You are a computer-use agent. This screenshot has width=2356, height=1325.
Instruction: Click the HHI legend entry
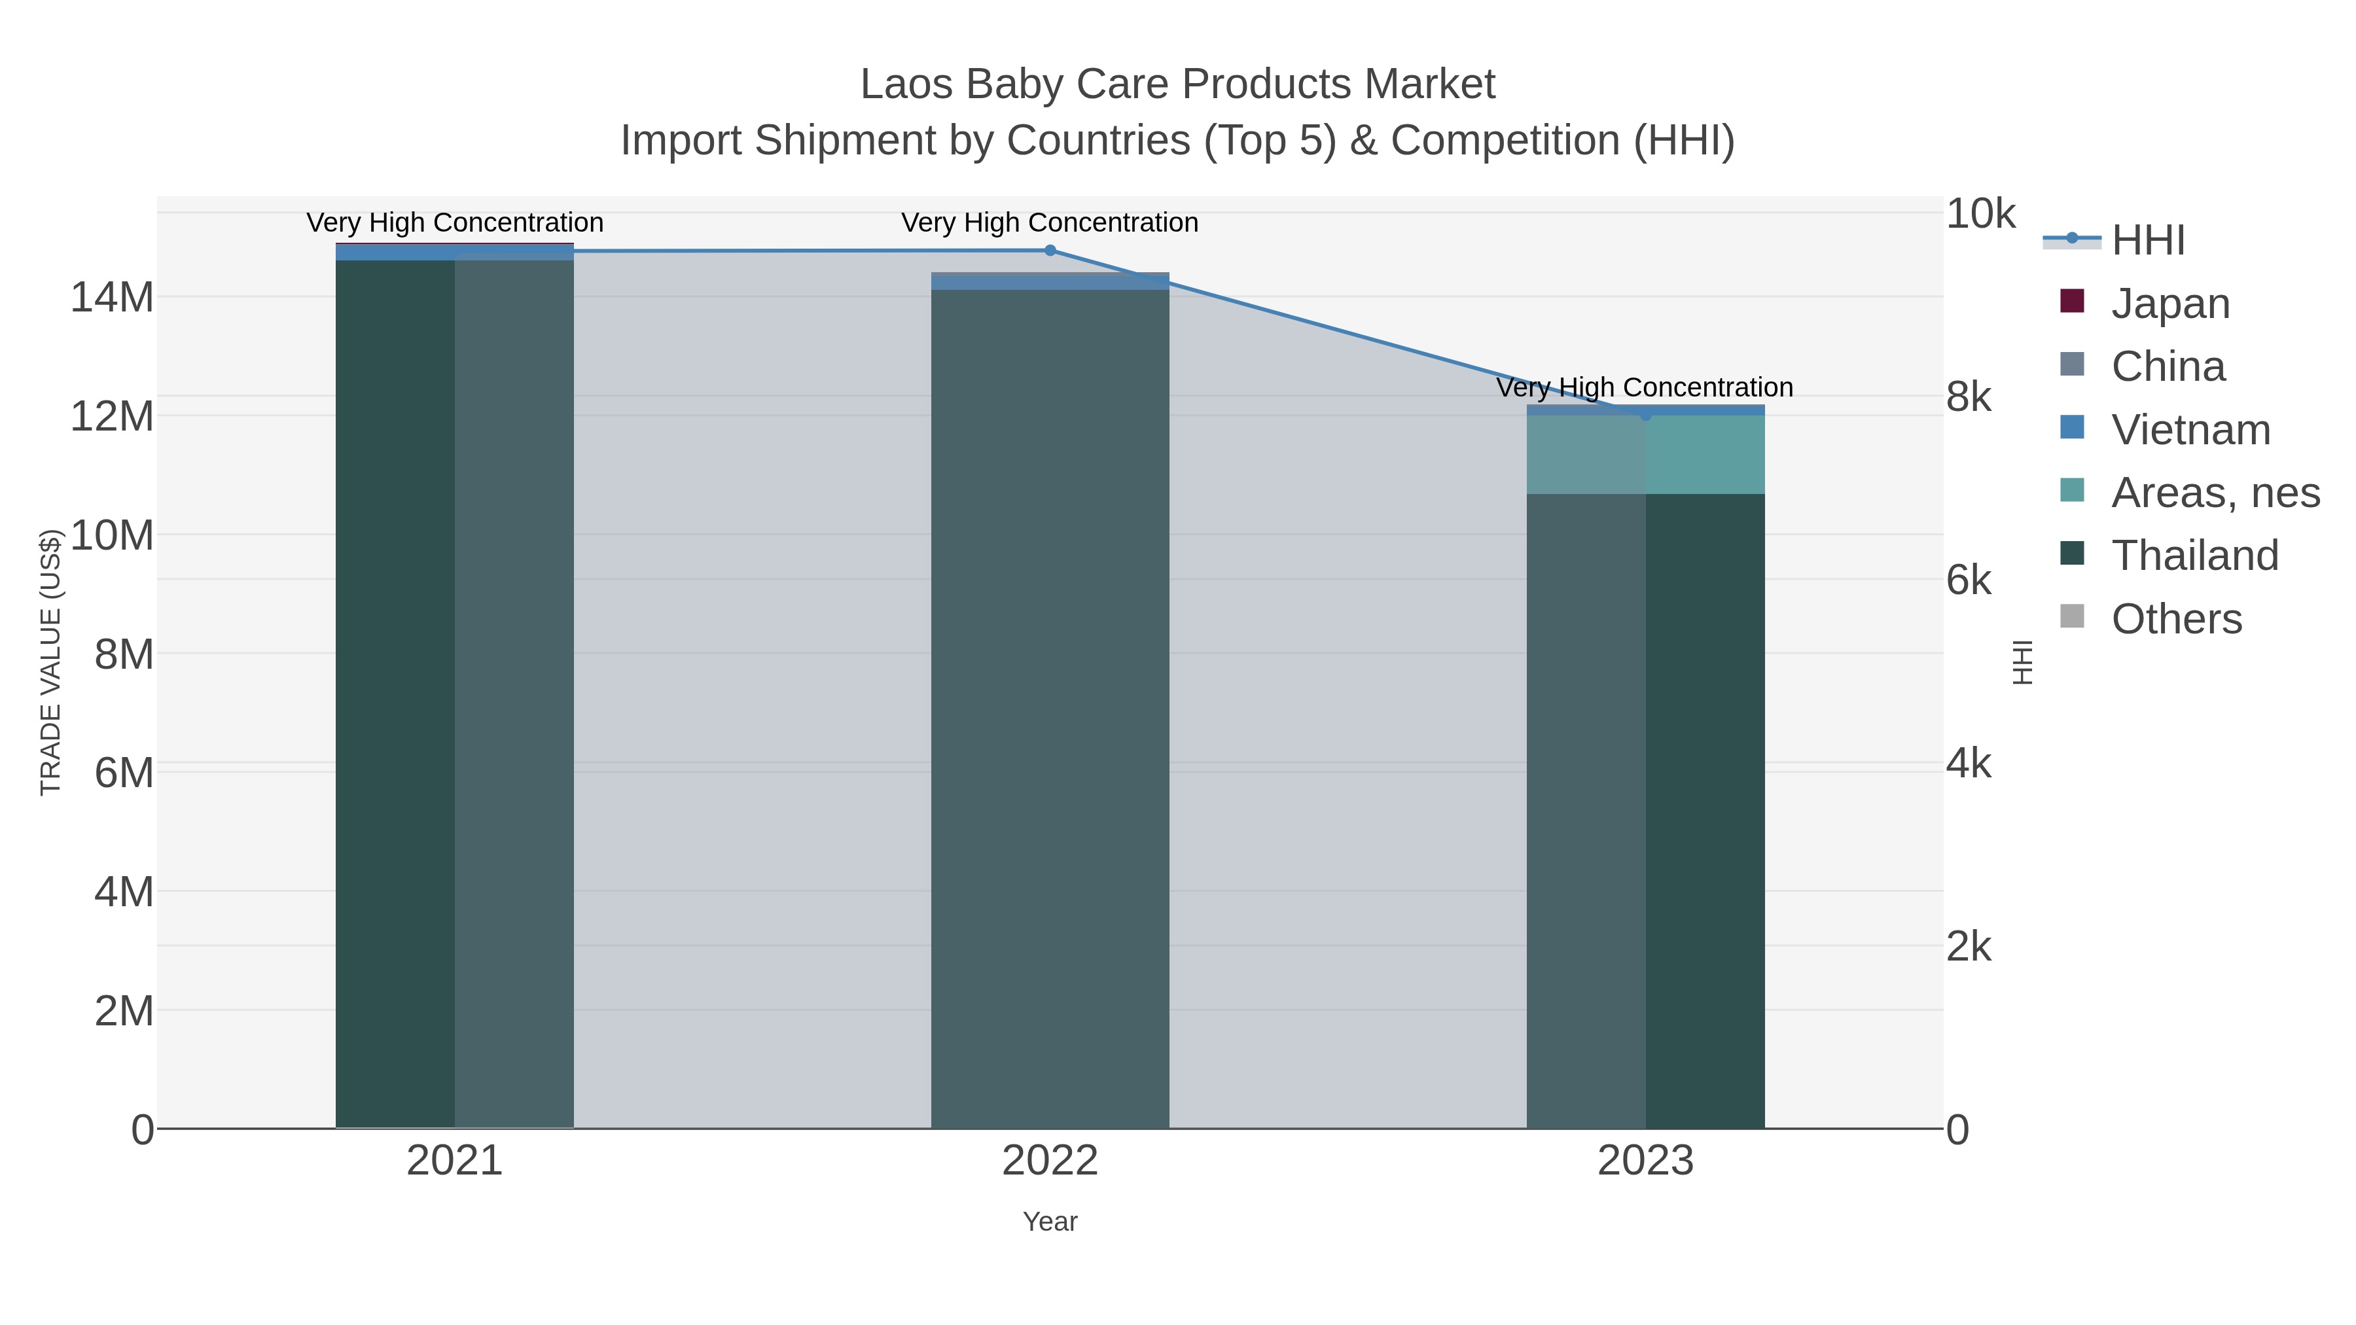point(2147,241)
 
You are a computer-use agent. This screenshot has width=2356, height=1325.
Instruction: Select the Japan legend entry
point(2169,304)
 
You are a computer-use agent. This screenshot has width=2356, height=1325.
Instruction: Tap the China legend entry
point(2168,366)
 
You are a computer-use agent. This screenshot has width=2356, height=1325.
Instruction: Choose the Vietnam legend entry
point(2190,430)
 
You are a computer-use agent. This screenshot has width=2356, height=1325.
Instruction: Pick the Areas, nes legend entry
point(2214,493)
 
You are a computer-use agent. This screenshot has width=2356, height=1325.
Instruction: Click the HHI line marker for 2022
point(1050,251)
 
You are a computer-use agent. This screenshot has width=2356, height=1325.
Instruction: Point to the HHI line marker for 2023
point(1645,415)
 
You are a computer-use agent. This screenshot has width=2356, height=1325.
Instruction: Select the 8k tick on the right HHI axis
point(1968,397)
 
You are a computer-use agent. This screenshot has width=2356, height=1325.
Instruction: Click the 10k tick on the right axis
point(1979,214)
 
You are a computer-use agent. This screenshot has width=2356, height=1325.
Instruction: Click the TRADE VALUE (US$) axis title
point(50,662)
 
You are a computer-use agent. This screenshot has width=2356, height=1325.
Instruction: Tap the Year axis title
point(1050,1222)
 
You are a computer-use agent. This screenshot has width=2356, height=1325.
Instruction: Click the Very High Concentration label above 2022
point(1050,223)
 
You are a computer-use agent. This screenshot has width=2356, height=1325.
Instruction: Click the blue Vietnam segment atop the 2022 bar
point(1050,283)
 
